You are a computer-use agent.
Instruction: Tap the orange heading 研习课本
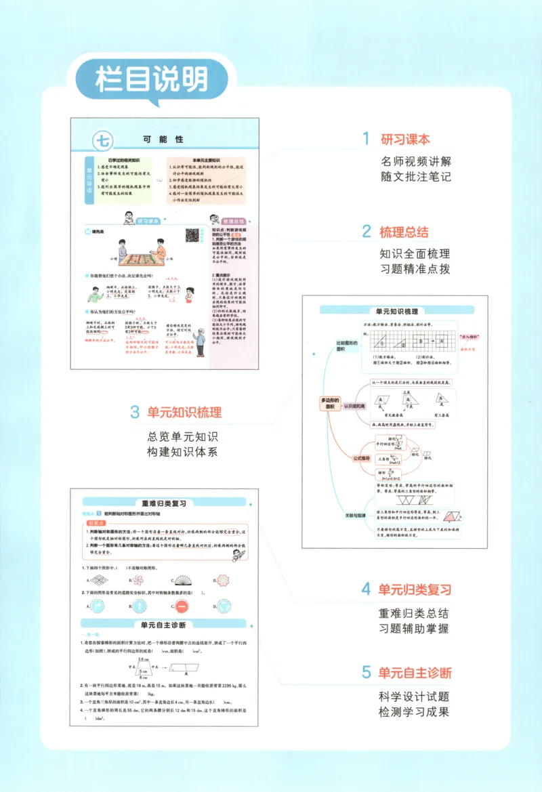point(405,140)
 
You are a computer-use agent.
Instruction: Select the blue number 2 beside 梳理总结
point(366,232)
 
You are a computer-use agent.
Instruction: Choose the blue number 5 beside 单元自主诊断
point(366,672)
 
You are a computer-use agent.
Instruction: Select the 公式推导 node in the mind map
point(363,457)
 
